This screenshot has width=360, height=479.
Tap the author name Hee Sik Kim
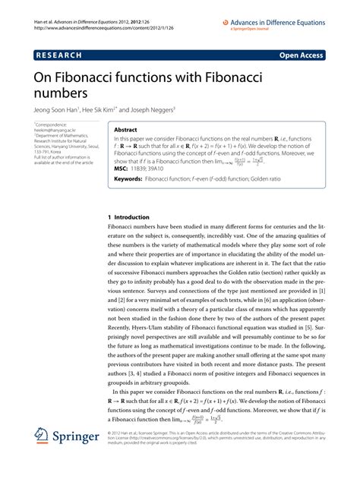click(x=114, y=108)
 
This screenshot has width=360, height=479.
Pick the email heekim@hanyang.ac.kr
click(x=54, y=131)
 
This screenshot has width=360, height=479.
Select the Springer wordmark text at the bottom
click(x=75, y=459)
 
